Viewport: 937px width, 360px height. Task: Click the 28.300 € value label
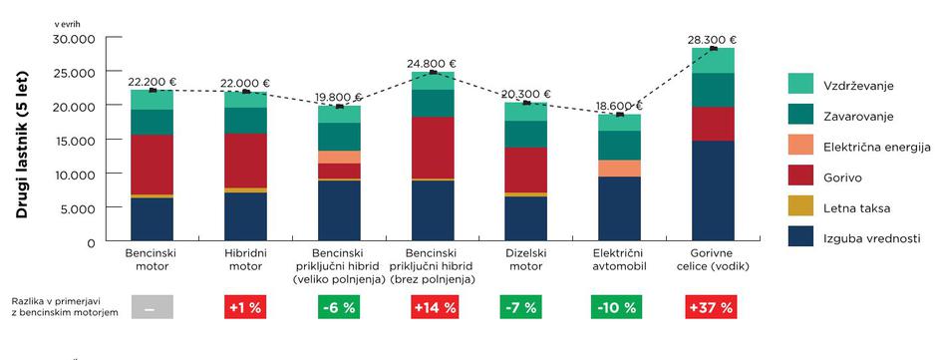click(713, 40)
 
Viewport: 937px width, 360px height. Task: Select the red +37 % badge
click(712, 308)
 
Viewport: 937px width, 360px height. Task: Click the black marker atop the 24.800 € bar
click(433, 72)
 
